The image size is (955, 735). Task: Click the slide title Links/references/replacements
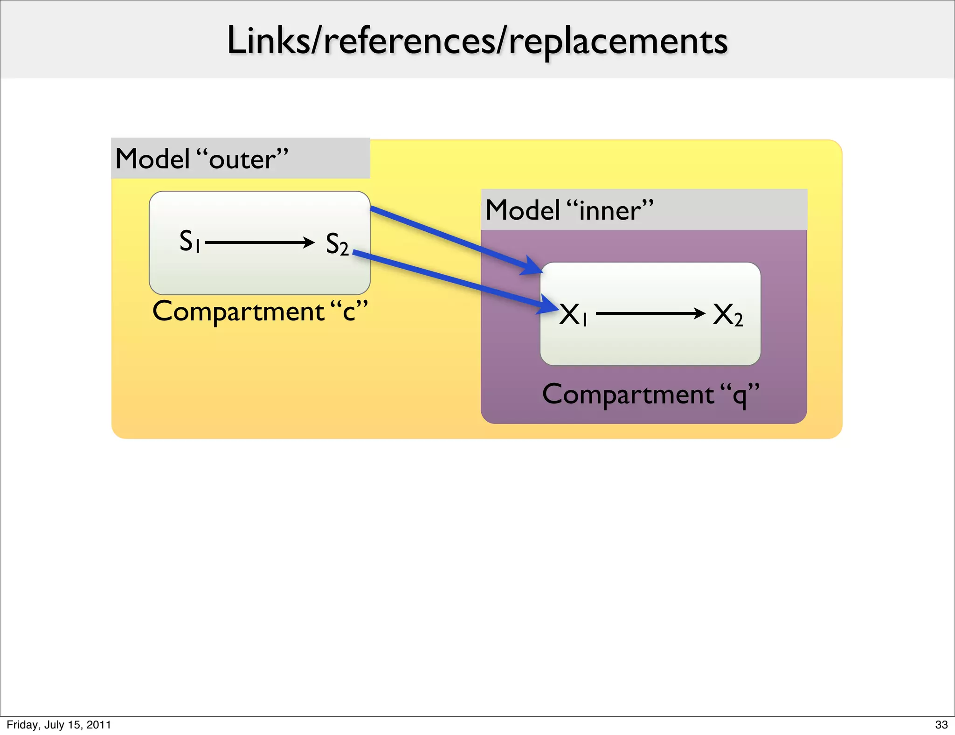coord(477,41)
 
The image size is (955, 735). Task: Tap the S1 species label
coord(190,242)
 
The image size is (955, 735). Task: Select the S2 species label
coord(337,244)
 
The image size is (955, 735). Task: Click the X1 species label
coord(573,314)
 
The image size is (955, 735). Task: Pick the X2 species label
coord(727,315)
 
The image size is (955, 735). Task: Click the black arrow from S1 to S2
coord(259,243)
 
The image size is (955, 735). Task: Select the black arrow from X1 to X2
coord(650,313)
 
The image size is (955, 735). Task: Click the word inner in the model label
coord(610,211)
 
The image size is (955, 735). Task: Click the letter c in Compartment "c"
coord(349,312)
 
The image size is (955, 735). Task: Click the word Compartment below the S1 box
coord(238,312)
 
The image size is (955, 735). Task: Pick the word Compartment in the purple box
coord(628,395)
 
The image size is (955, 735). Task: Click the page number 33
coord(941,725)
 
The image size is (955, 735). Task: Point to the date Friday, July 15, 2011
coord(59,725)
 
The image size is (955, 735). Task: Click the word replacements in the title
coord(617,42)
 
